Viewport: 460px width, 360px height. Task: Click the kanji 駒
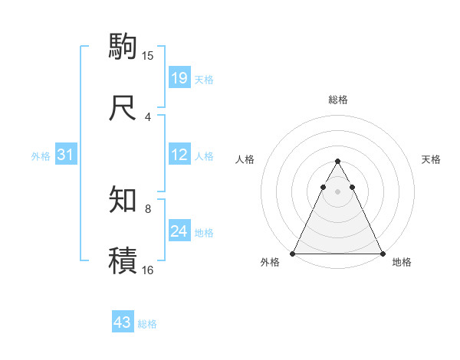tap(123, 45)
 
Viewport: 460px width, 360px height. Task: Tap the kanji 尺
tap(123, 106)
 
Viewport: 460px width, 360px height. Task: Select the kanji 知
tap(123, 199)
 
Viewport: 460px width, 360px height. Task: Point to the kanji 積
tap(123, 260)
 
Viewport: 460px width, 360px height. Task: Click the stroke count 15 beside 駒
tap(148, 55)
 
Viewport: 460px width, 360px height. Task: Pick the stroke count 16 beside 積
tap(148, 270)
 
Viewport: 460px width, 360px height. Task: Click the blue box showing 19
tap(179, 78)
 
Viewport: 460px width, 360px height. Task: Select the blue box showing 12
tap(179, 155)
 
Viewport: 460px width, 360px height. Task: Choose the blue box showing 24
tap(179, 231)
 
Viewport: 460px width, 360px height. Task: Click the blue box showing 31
tap(66, 155)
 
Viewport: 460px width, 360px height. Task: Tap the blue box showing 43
tap(123, 322)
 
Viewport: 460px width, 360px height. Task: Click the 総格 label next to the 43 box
tap(147, 324)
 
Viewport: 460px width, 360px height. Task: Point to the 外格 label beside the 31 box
tap(41, 156)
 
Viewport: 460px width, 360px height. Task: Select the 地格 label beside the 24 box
tap(204, 233)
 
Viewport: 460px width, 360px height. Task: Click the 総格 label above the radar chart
tap(337, 100)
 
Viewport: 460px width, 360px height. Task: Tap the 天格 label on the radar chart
tap(431, 159)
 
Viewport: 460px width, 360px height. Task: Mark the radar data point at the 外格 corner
tap(293, 253)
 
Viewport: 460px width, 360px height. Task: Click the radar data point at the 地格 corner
tap(382, 253)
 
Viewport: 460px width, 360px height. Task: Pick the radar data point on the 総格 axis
tap(337, 162)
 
